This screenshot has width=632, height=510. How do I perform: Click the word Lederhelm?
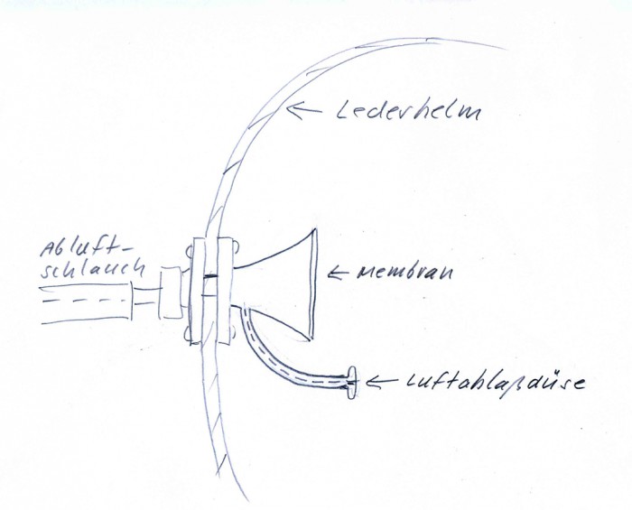[408, 115]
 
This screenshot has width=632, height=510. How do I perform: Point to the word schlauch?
[82, 270]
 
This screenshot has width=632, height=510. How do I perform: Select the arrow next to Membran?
[339, 272]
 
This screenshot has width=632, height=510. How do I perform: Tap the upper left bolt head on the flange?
[191, 246]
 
